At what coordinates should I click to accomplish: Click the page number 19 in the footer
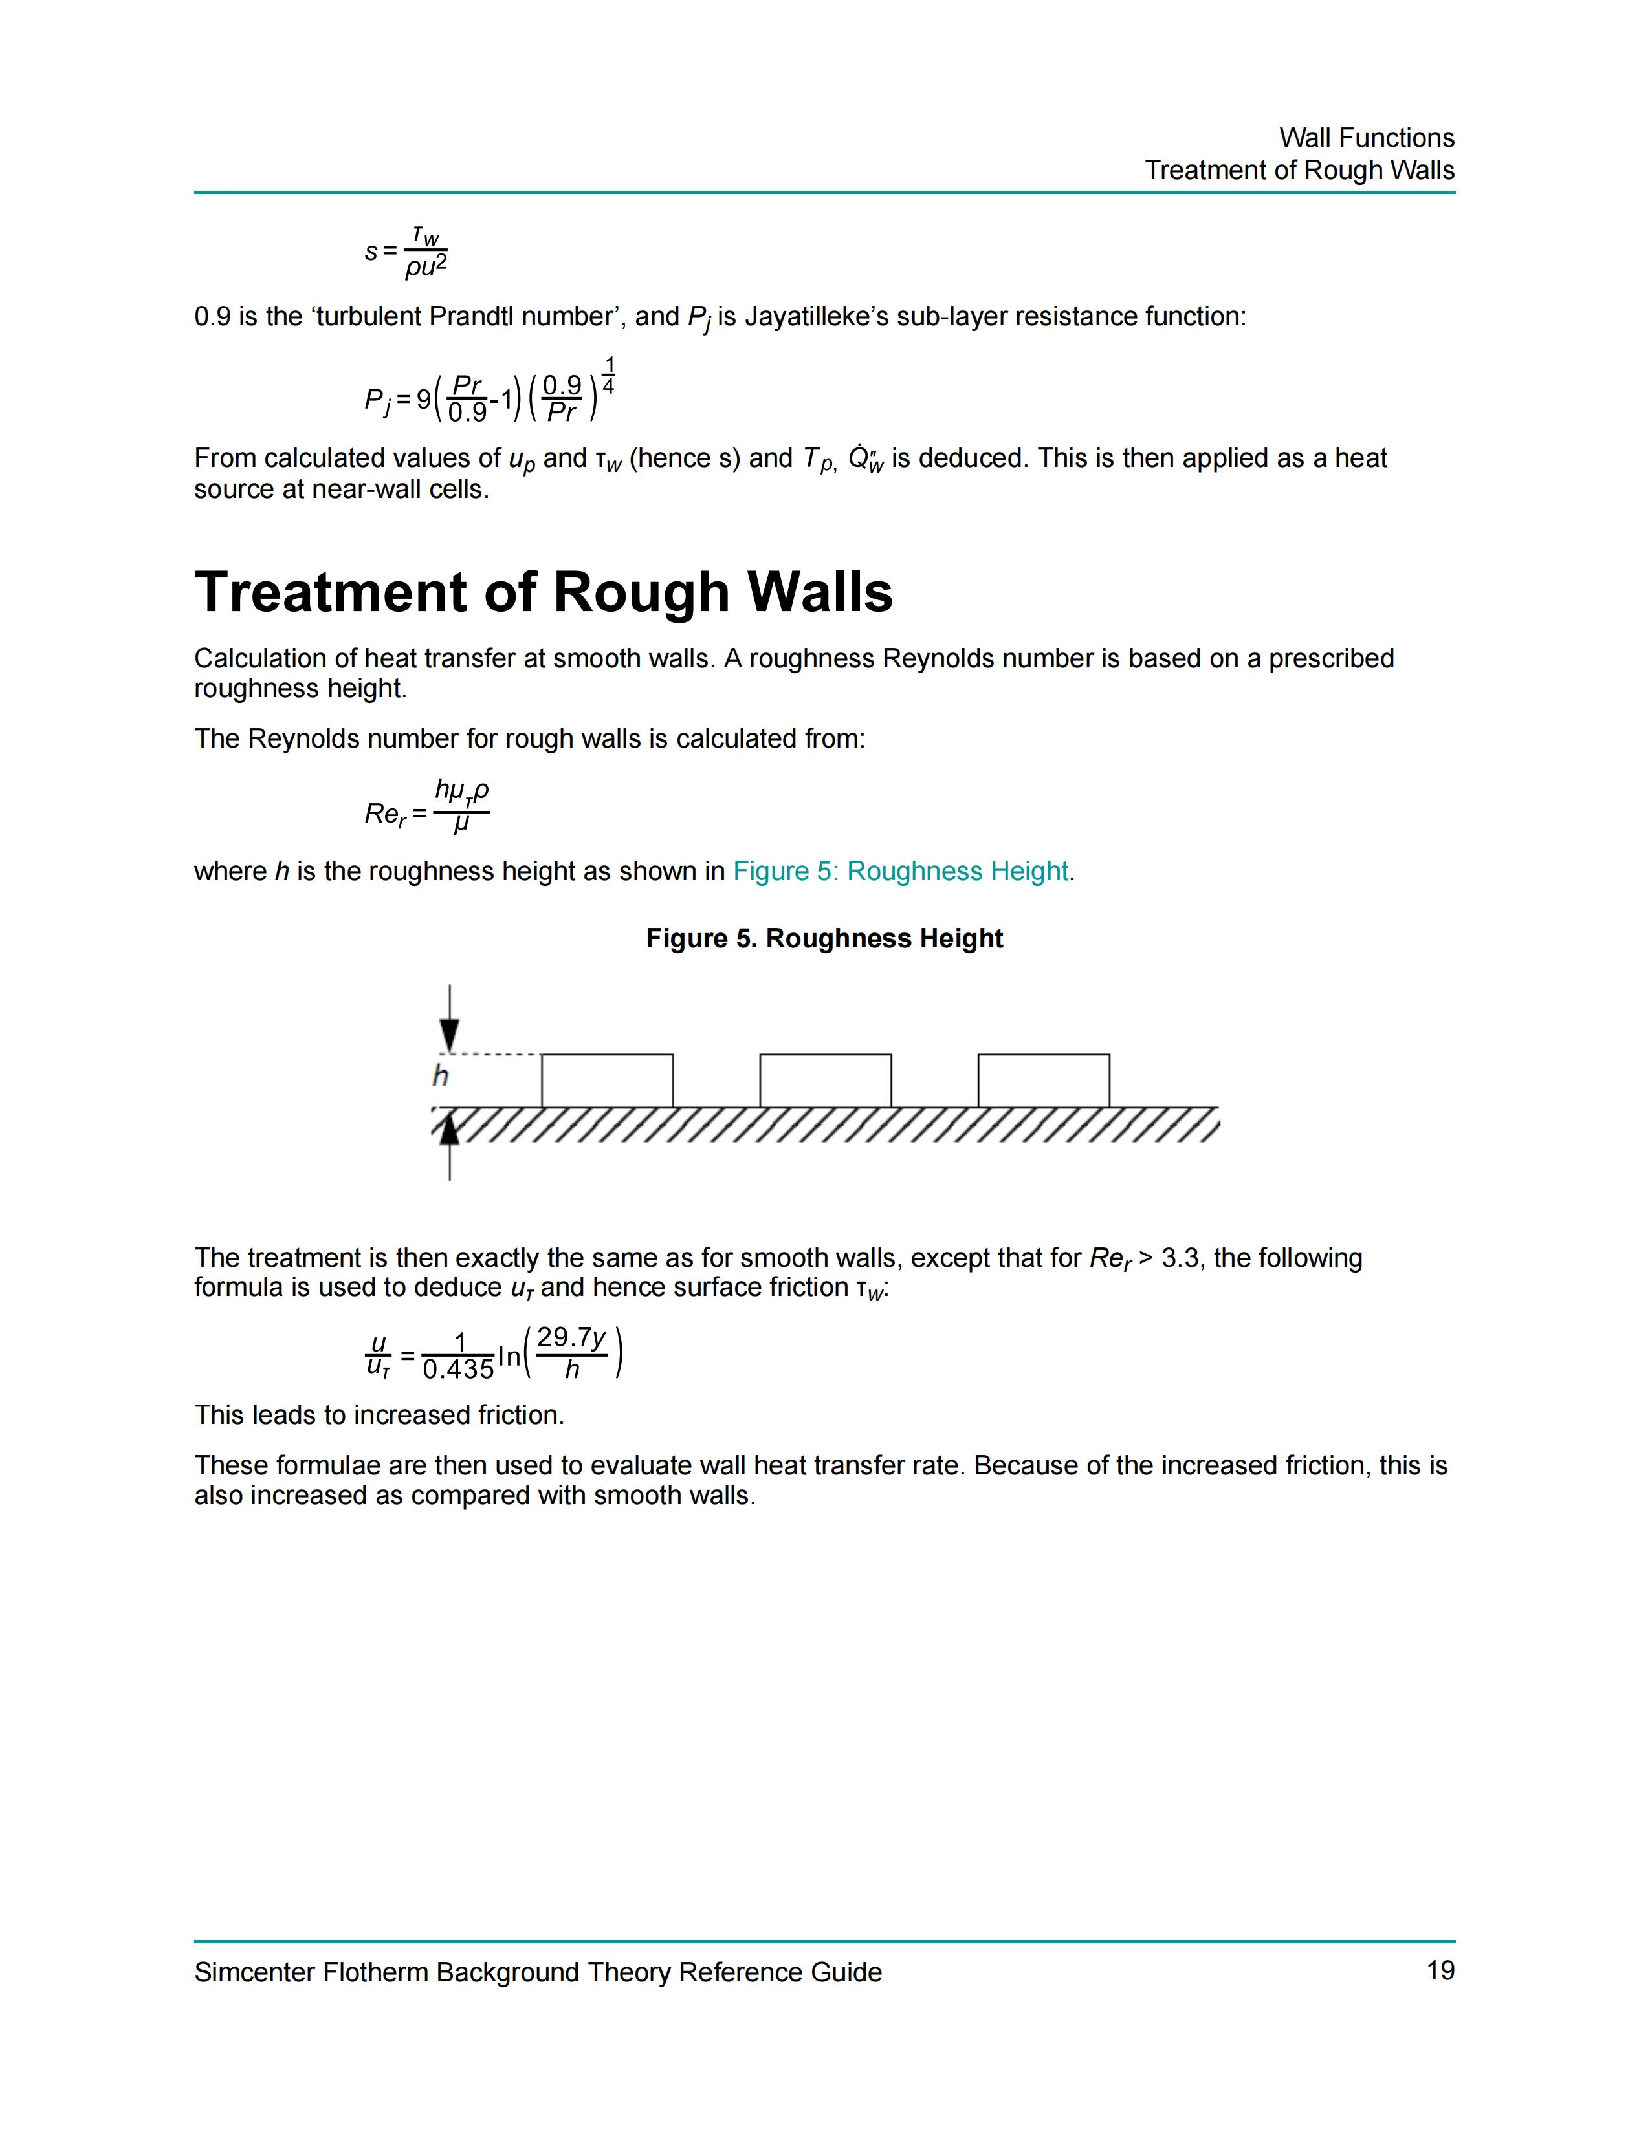coord(1440,1971)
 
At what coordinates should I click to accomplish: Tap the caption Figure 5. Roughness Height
coord(824,938)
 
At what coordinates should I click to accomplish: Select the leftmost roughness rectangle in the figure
coord(607,1080)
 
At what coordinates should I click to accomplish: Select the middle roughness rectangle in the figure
coord(825,1080)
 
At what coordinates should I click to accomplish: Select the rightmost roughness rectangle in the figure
coord(1043,1080)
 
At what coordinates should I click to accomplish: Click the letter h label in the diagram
coord(440,1076)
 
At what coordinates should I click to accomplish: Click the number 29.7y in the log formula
coord(572,1337)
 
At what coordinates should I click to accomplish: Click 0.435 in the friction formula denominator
coord(457,1370)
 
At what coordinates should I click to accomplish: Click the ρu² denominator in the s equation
coord(425,266)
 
